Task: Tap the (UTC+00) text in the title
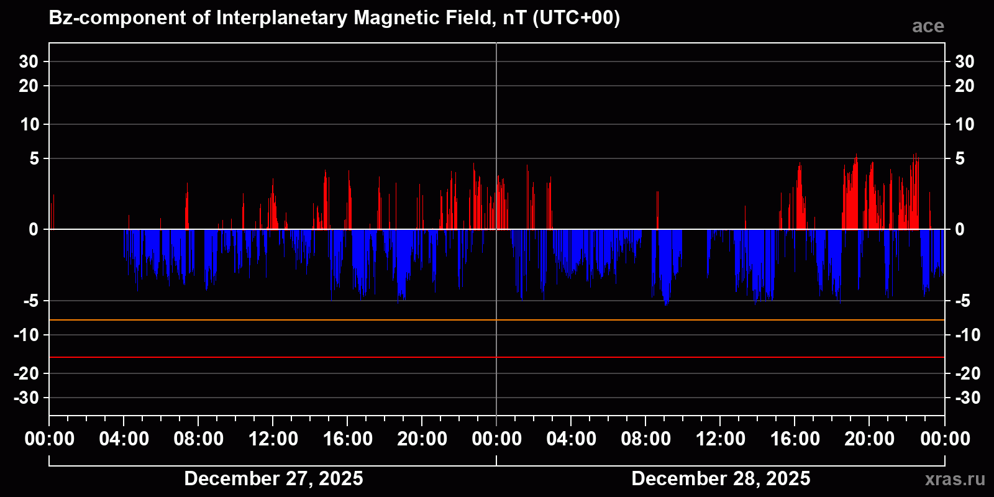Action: click(576, 18)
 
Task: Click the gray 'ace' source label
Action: click(928, 26)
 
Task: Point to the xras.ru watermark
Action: click(954, 479)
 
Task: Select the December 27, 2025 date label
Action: click(273, 478)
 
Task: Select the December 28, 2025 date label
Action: click(721, 478)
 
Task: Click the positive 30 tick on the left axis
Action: click(29, 62)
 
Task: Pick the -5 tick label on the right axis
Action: click(962, 301)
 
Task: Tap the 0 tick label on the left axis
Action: click(34, 230)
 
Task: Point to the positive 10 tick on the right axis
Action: click(964, 124)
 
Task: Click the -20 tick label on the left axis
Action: click(26, 373)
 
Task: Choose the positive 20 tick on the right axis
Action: click(964, 86)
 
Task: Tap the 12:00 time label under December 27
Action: click(273, 439)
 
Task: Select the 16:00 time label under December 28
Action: click(795, 439)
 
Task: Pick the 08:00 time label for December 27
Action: click(198, 439)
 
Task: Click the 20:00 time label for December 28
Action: click(869, 439)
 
